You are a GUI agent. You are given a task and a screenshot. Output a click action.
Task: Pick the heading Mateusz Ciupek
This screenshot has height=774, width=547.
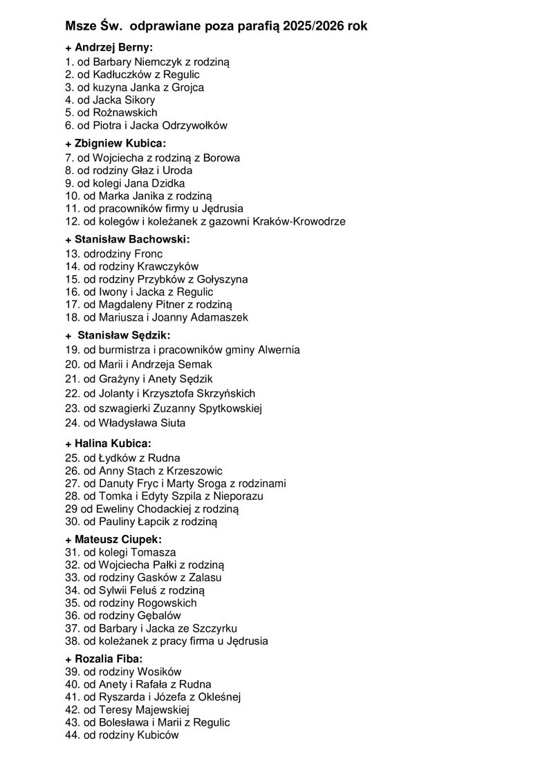113,539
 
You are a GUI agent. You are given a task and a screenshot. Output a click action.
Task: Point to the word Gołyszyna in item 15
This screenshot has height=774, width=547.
223,279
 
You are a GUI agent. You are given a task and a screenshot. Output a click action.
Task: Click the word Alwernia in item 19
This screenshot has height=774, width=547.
278,350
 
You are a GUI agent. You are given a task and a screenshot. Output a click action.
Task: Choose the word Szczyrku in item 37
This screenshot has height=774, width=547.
216,628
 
